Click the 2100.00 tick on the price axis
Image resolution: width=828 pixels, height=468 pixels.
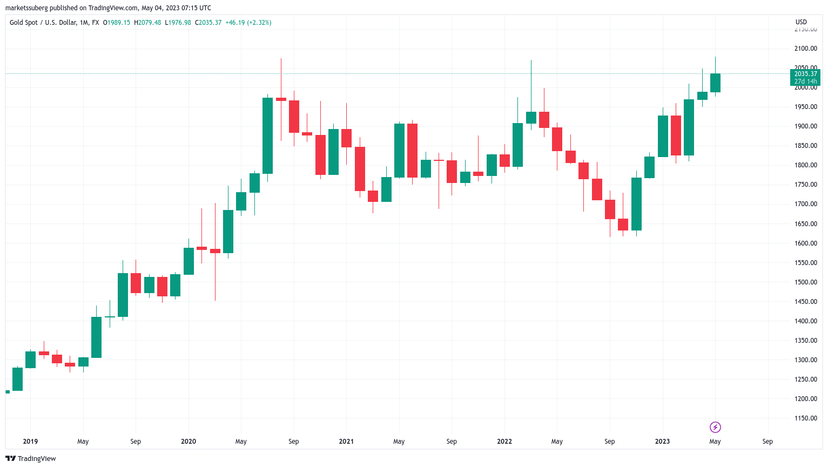[805, 49]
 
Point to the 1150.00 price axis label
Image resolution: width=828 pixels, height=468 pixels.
[805, 418]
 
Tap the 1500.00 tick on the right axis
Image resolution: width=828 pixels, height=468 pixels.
[805, 282]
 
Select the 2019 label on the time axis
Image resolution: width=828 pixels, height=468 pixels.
[30, 442]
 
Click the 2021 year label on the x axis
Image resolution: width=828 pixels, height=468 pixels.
[346, 442]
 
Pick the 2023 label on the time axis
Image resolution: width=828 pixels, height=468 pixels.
[662, 442]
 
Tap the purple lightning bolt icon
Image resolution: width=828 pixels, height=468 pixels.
[715, 428]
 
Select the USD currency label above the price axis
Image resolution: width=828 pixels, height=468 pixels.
[801, 22]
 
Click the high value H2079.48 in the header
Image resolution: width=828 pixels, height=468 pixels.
[147, 23]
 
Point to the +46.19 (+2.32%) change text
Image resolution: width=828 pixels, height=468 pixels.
[248, 23]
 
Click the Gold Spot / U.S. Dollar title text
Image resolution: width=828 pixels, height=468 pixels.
[54, 23]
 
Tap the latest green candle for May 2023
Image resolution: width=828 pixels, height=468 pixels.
[715, 83]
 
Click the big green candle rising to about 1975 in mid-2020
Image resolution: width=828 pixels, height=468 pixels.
[267, 135]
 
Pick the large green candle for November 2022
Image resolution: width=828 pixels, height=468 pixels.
[636, 204]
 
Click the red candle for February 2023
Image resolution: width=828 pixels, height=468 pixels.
[676, 135]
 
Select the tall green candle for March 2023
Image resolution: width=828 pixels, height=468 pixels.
[689, 127]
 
